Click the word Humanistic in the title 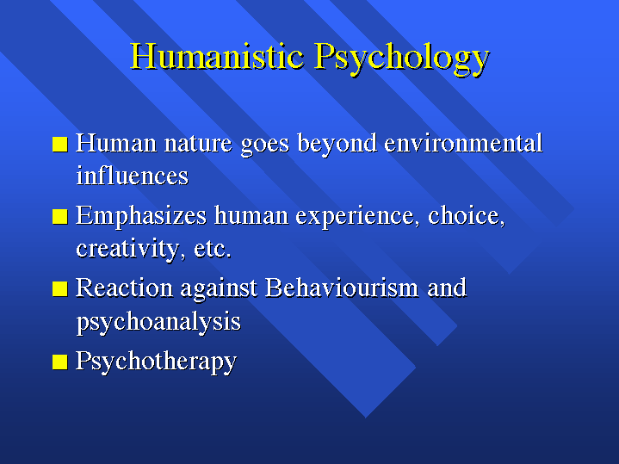(217, 56)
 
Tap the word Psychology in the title (402, 59)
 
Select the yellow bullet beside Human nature (60, 144)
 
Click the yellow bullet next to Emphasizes (60, 216)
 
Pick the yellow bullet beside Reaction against (60, 288)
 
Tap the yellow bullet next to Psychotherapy (60, 362)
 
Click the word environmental (463, 143)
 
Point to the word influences (133, 176)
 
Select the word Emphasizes (141, 216)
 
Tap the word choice (467, 216)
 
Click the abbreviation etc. (213, 250)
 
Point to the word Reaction (124, 288)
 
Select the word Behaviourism (342, 288)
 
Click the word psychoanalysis (158, 322)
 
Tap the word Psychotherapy (157, 362)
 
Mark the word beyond (337, 144)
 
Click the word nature (198, 144)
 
